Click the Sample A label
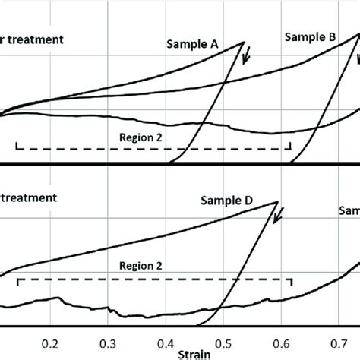pos(193,45)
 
